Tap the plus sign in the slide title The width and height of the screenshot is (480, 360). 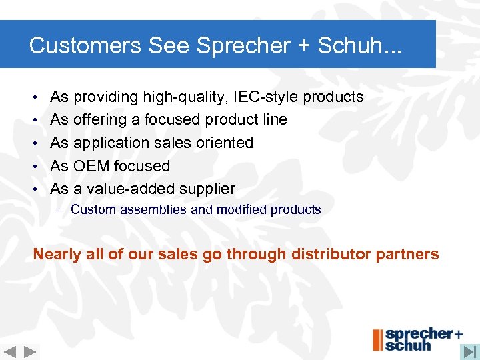coord(306,46)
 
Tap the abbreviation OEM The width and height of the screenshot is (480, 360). coord(92,166)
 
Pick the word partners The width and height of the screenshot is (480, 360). coord(408,254)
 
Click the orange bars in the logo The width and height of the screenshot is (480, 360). coord(378,339)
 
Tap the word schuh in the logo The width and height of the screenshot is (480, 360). coord(408,345)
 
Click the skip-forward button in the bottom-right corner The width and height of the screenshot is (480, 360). coord(470,351)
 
